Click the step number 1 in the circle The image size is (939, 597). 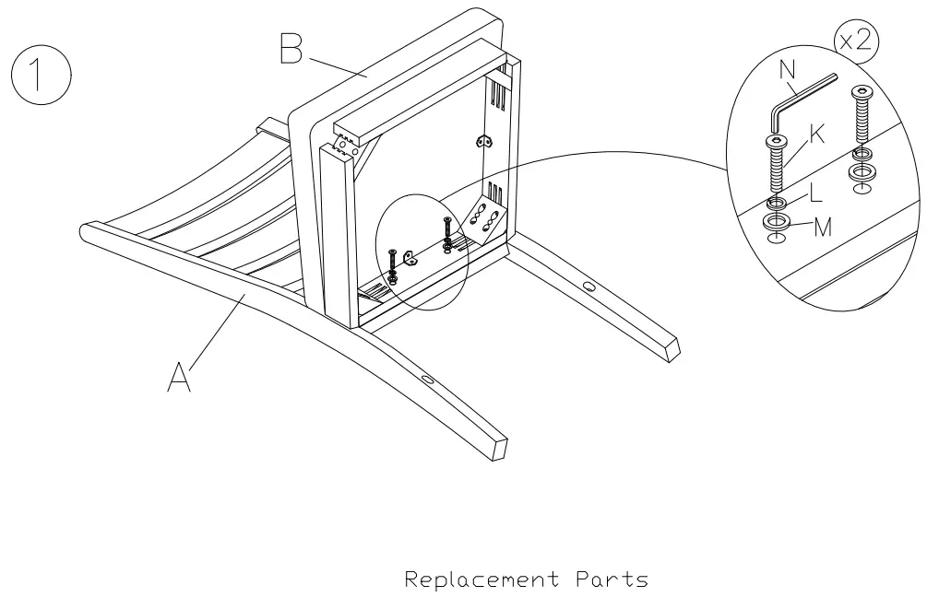coord(40,77)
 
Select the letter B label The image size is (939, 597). coord(291,50)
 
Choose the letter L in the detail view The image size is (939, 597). coord(814,194)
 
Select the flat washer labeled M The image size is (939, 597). coord(776,222)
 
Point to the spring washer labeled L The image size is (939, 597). coord(776,203)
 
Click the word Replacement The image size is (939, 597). coord(482,580)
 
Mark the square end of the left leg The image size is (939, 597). coord(499,448)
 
